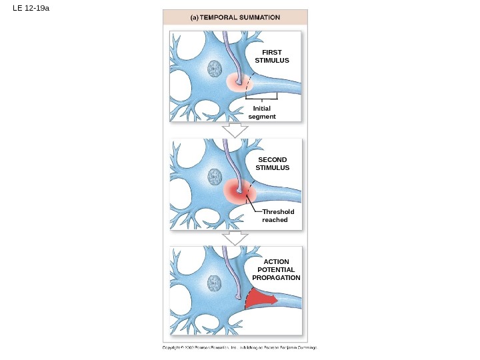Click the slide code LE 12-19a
pyautogui.click(x=31, y=9)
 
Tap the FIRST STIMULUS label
pyautogui.click(x=272, y=56)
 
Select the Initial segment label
pyautogui.click(x=262, y=112)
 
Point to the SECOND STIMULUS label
pyautogui.click(x=273, y=163)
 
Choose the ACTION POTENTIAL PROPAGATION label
pyautogui.click(x=276, y=269)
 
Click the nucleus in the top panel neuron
pyautogui.click(x=215, y=68)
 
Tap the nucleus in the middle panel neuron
pyautogui.click(x=215, y=176)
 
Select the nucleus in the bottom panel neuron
pyautogui.click(x=215, y=283)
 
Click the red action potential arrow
pyautogui.click(x=260, y=299)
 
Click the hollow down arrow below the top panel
pyautogui.click(x=234, y=129)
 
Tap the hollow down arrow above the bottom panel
pyautogui.click(x=234, y=238)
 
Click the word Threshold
pyautogui.click(x=278, y=211)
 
